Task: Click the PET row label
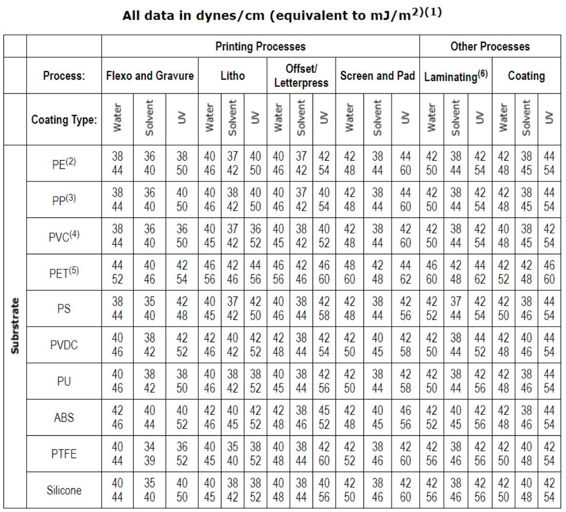click(64, 272)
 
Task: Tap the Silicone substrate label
click(64, 490)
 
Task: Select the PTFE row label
click(64, 454)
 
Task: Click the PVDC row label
click(64, 345)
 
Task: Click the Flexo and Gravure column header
click(150, 76)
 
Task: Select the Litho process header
click(233, 76)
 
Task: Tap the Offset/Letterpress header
click(301, 76)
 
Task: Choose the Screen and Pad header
click(377, 76)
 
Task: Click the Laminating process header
click(456, 76)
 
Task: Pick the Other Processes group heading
click(490, 47)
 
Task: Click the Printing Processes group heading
click(260, 47)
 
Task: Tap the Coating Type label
click(64, 119)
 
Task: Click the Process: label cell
click(64, 76)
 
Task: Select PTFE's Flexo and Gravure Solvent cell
click(150, 454)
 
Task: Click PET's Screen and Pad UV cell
click(406, 272)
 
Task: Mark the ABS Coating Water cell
click(503, 417)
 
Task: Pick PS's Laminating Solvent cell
click(456, 308)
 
